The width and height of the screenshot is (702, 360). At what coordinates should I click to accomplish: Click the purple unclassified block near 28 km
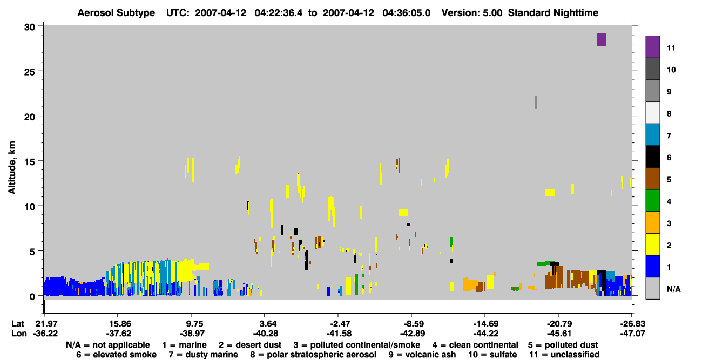click(x=602, y=39)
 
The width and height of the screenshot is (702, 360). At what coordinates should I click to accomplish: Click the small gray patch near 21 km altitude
click(x=536, y=103)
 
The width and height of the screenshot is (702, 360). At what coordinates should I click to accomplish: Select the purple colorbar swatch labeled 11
click(x=652, y=47)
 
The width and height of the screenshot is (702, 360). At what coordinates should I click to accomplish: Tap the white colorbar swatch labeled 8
click(x=652, y=113)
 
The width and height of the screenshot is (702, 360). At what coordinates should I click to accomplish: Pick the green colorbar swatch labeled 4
click(x=652, y=201)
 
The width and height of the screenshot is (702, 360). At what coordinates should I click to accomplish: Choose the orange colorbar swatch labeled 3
click(x=652, y=222)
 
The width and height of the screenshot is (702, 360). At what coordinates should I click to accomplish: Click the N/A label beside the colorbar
click(x=673, y=289)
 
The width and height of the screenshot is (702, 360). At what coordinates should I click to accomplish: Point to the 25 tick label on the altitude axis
click(x=30, y=72)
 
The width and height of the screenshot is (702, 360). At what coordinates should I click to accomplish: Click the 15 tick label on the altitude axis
click(x=30, y=162)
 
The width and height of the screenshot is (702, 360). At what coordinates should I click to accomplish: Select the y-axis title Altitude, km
click(x=12, y=168)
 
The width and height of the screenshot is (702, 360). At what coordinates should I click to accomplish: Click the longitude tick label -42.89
click(x=412, y=334)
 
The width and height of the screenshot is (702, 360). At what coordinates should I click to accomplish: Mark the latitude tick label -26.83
click(x=632, y=324)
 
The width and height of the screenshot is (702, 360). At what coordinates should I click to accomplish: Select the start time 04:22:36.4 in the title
click(x=279, y=13)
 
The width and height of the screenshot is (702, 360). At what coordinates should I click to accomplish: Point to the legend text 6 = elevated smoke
click(x=116, y=355)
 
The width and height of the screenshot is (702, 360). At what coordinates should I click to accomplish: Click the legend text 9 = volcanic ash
click(x=422, y=355)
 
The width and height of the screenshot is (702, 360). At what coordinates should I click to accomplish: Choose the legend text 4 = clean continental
click(x=475, y=345)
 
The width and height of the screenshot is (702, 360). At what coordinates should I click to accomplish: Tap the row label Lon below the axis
click(x=19, y=334)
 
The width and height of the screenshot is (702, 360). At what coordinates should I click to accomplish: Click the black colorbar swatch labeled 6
click(x=652, y=157)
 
